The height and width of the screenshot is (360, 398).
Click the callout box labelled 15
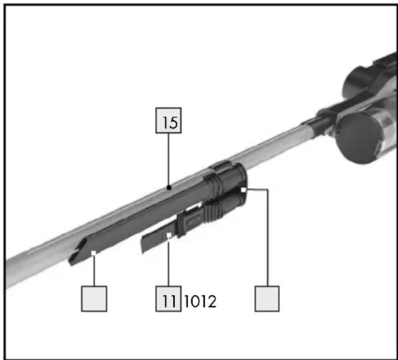(168, 120)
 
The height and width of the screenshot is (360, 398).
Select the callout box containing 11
(168, 299)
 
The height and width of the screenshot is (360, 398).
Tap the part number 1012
(200, 301)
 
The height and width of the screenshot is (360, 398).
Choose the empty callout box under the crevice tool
(94, 299)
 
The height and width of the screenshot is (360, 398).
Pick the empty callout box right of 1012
(267, 299)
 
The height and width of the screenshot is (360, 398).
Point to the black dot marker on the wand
(169, 188)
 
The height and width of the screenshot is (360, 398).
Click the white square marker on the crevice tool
(94, 253)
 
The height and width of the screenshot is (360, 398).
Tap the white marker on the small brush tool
(169, 236)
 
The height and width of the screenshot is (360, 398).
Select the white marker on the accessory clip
(243, 190)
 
